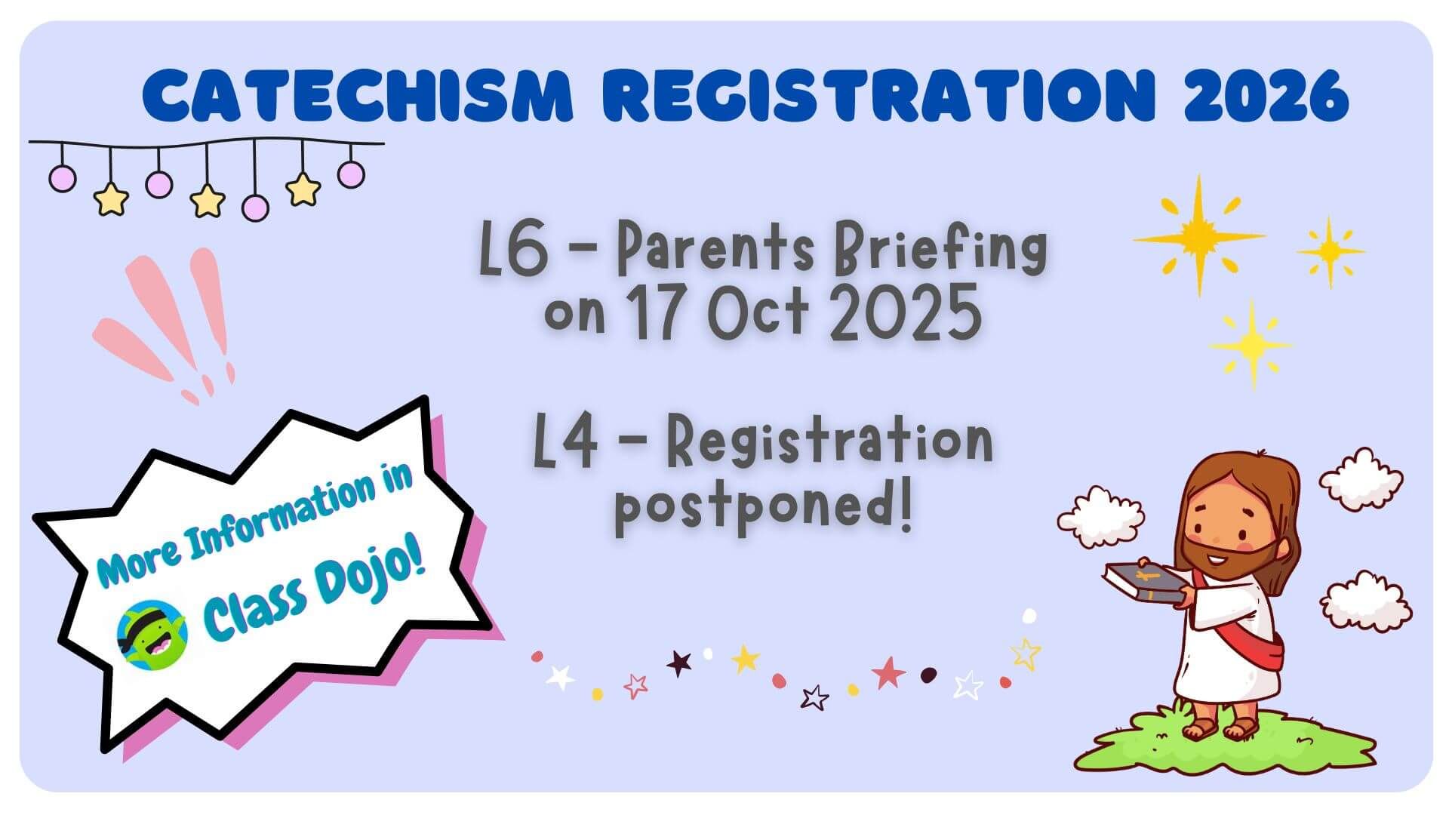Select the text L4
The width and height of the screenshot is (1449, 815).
coord(566,445)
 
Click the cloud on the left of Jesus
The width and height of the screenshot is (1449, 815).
coord(1100,516)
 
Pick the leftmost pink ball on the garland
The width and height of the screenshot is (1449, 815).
coord(62,178)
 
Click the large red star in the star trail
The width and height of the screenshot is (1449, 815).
coord(888,672)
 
